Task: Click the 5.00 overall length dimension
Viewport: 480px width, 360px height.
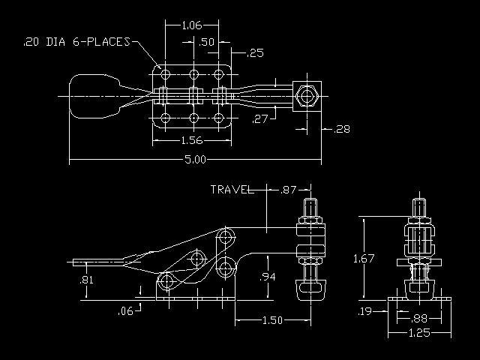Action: tap(195, 160)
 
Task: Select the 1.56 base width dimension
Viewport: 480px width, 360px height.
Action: tap(192, 140)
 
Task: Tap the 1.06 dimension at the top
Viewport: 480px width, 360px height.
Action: tap(192, 25)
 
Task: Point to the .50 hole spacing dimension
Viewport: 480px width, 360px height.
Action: tap(207, 42)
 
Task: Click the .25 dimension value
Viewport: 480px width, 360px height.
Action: tap(255, 53)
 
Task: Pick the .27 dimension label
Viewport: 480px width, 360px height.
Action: tap(260, 118)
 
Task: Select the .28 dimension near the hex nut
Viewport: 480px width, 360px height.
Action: tap(341, 129)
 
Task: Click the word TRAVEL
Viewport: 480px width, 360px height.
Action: tap(232, 190)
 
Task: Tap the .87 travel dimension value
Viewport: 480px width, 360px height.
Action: tap(288, 190)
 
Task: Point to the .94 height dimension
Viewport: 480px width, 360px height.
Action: tap(268, 277)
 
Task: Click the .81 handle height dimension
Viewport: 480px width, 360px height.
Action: tap(87, 280)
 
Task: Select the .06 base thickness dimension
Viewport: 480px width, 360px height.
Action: tap(125, 311)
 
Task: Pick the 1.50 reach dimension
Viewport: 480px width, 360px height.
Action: tap(272, 320)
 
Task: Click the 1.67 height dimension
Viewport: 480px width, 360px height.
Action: tap(364, 259)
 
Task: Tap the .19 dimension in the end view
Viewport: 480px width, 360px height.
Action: tap(364, 311)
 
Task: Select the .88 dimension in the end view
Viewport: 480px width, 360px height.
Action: tap(418, 319)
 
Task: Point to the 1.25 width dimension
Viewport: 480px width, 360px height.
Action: tap(419, 332)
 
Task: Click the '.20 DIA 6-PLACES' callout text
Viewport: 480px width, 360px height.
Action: tap(77, 42)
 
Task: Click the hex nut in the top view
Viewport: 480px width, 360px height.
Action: tap(307, 96)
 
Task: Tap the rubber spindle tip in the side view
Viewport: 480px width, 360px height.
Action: tap(310, 288)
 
